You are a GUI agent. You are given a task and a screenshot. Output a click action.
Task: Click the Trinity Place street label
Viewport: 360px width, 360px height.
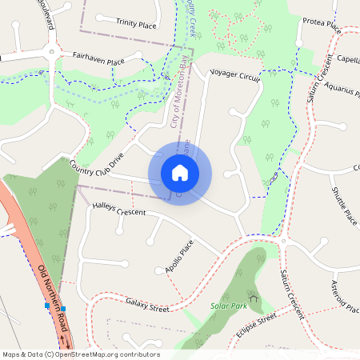(x=136, y=25)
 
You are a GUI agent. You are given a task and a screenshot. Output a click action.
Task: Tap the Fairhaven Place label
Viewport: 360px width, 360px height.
(x=99, y=60)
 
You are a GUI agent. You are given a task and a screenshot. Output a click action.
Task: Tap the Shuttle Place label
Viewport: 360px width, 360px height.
(x=344, y=206)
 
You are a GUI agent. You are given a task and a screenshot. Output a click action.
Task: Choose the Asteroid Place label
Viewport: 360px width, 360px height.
(x=345, y=297)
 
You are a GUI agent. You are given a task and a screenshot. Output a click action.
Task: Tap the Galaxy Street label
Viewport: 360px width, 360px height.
(x=148, y=304)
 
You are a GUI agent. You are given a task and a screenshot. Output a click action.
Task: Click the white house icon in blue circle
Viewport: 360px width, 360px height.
(x=180, y=172)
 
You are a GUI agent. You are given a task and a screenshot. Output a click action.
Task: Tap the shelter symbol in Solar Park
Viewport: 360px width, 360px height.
(x=254, y=298)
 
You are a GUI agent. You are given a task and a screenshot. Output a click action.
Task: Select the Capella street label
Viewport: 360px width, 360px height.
(x=347, y=59)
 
